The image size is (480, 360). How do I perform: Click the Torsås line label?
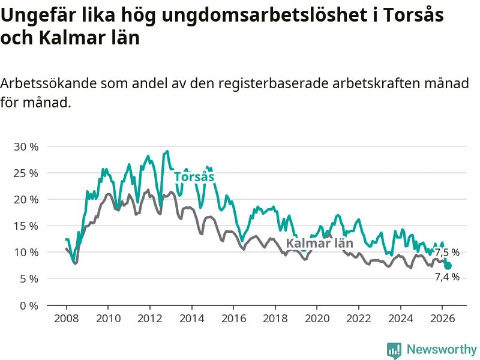click(x=194, y=177)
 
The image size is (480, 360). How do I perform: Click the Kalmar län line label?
click(x=320, y=244)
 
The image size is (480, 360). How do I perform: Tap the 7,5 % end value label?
click(x=447, y=253)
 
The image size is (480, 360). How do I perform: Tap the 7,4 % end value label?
click(x=447, y=277)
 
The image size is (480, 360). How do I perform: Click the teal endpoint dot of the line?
click(x=448, y=266)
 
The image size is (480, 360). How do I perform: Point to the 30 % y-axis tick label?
click(x=26, y=146)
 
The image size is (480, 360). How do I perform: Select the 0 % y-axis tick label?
click(x=29, y=305)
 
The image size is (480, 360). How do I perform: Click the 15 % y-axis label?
click(x=26, y=226)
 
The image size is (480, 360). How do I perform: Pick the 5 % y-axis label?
click(x=29, y=279)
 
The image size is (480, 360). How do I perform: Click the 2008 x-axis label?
click(x=67, y=319)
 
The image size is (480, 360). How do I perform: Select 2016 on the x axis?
click(x=233, y=319)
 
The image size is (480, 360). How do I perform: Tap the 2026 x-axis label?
click(x=442, y=319)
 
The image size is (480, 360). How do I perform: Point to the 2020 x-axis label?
click(x=317, y=319)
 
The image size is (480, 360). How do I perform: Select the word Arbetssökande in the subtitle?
click(x=48, y=83)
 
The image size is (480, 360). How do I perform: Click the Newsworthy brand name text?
click(x=442, y=349)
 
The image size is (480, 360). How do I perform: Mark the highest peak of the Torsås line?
click(x=167, y=151)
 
